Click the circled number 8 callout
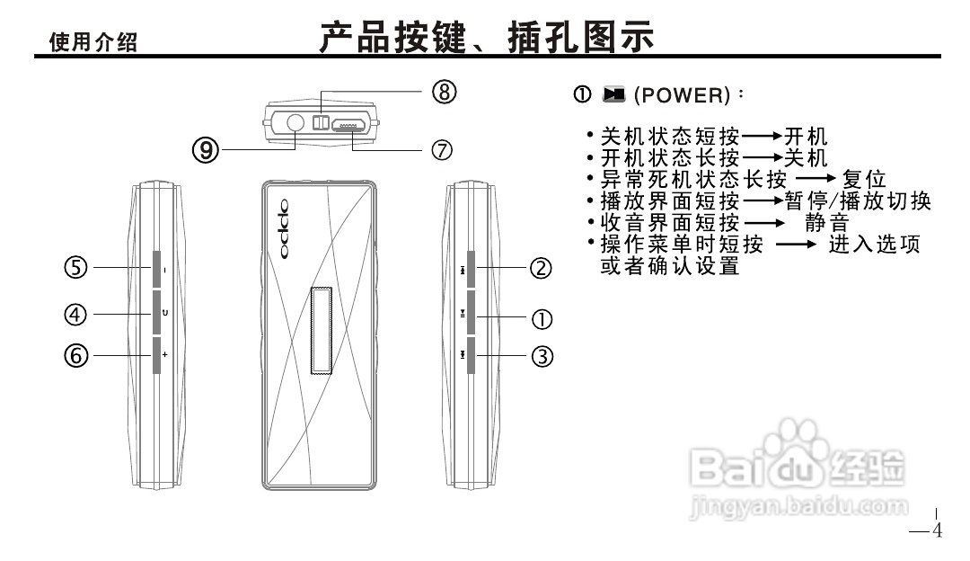[445, 92]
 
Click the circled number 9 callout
[207, 149]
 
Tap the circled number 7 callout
[442, 149]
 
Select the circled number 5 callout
[75, 268]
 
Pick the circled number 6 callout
[75, 356]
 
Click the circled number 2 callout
[540, 268]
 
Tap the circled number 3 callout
[541, 357]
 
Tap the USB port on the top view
[351, 126]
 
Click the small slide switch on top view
[319, 121]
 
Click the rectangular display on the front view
[322, 330]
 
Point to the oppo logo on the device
[284, 228]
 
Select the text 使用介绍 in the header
[93, 42]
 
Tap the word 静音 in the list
[826, 223]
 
